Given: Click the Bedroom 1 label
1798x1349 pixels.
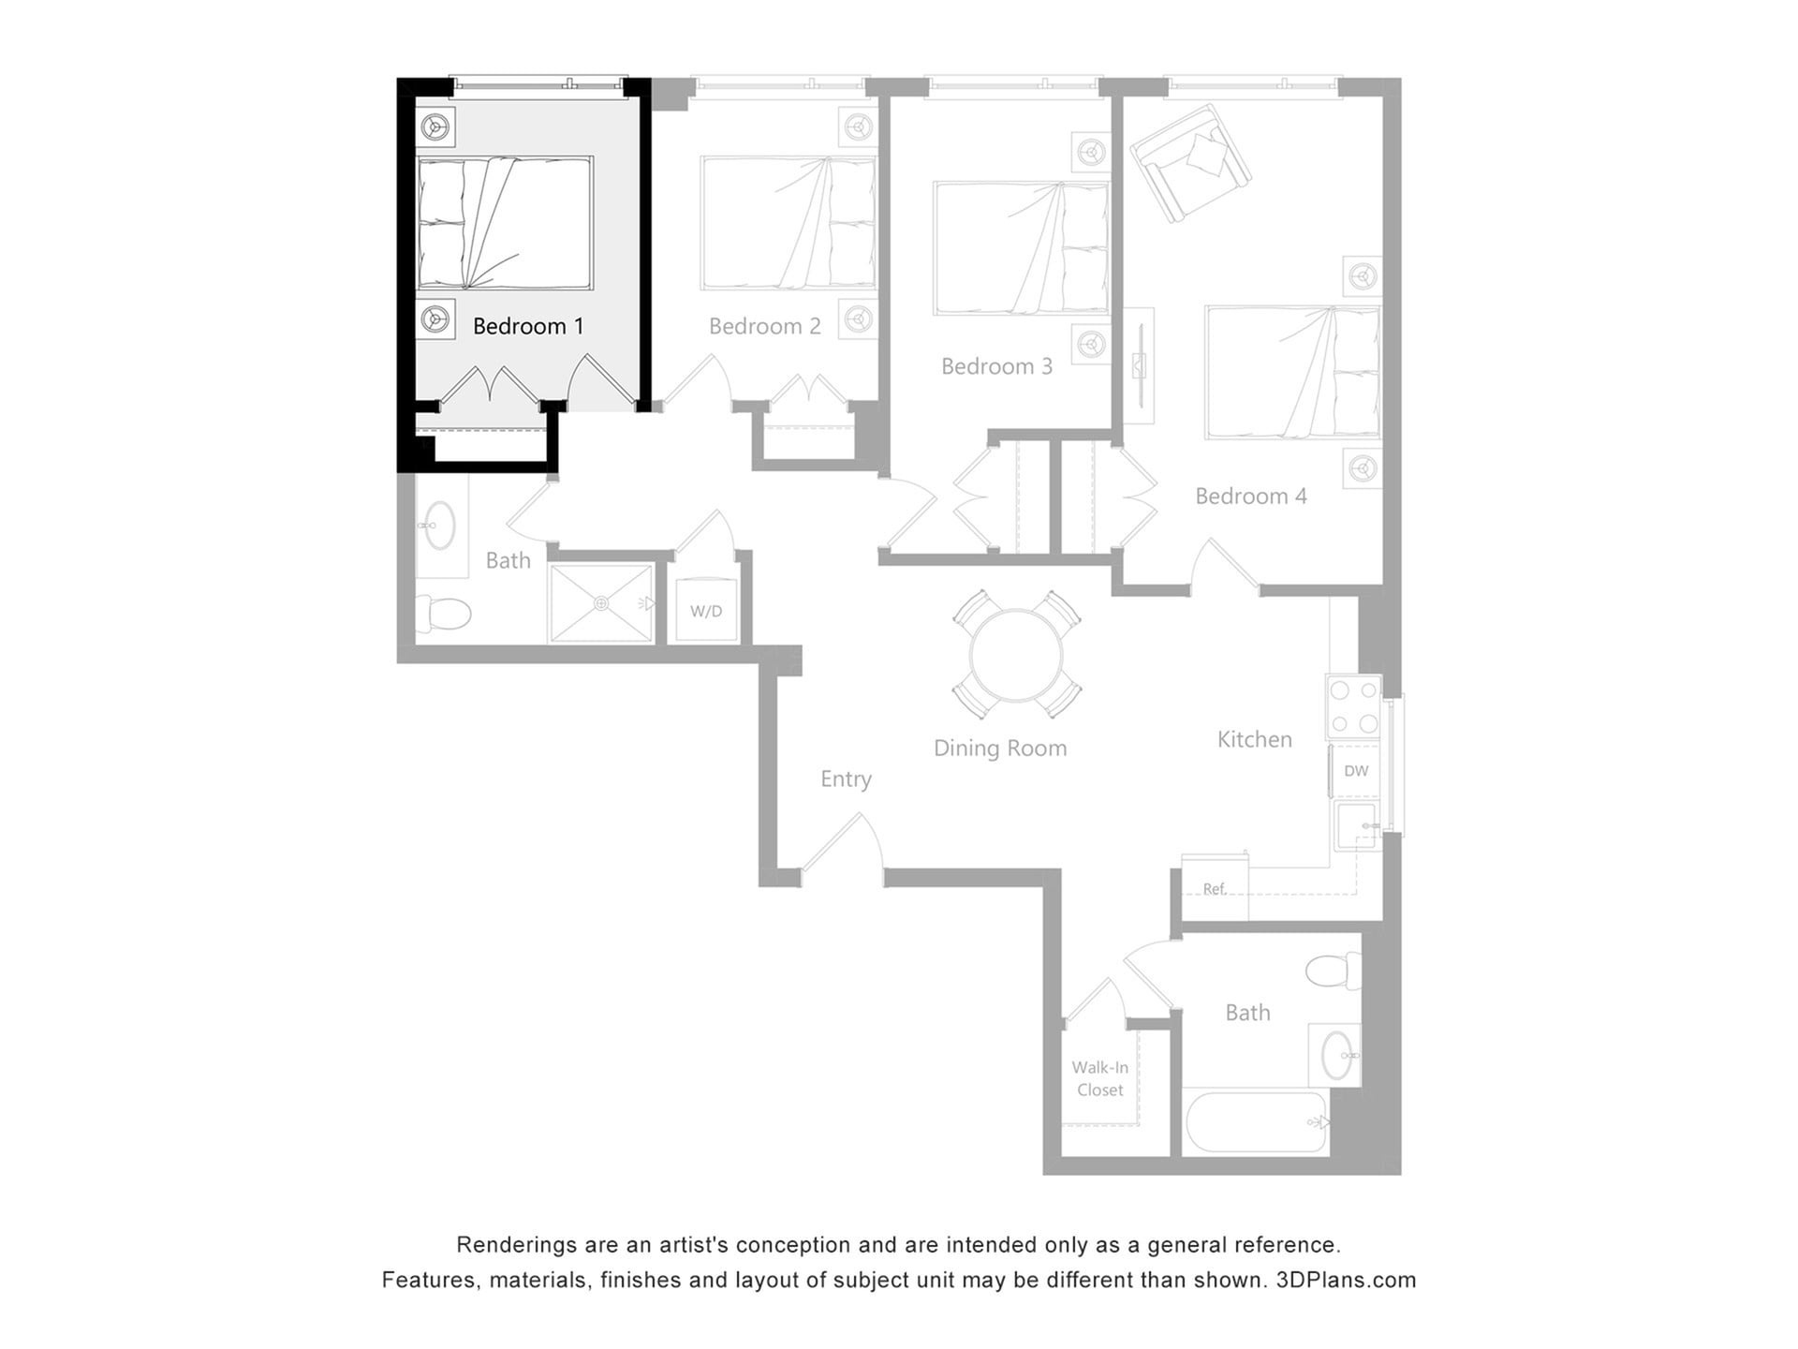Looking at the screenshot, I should pyautogui.click(x=528, y=326).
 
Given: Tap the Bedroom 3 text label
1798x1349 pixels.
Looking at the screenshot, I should pyautogui.click(x=996, y=366).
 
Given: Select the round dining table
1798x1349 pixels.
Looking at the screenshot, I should pyautogui.click(x=1016, y=655).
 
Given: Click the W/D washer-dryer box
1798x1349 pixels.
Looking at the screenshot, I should pyautogui.click(x=706, y=611).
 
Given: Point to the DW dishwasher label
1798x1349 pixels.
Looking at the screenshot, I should pyautogui.click(x=1355, y=771).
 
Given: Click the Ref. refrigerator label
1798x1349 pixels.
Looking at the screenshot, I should pyautogui.click(x=1214, y=889).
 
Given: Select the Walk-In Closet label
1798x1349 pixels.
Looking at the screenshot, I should pyautogui.click(x=1099, y=1078).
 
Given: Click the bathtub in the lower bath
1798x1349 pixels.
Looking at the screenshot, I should pyautogui.click(x=1255, y=1121).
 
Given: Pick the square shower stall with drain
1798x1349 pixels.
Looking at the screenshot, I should pyautogui.click(x=601, y=603).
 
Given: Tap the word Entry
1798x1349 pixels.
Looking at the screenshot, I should pyautogui.click(x=846, y=779).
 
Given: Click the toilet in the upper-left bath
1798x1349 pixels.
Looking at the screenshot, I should pyautogui.click(x=443, y=614).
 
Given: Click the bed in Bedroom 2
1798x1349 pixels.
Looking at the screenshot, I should pyautogui.click(x=788, y=223).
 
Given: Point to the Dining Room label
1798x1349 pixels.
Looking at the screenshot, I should pyautogui.click(x=1000, y=749).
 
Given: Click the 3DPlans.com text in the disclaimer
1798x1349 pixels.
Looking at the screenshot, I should pyautogui.click(x=1346, y=1280).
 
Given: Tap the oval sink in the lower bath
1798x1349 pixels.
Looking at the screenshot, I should pyautogui.click(x=1337, y=1056).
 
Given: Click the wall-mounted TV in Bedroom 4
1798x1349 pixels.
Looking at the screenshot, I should pyautogui.click(x=1139, y=365).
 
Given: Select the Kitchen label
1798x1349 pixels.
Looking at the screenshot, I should pyautogui.click(x=1254, y=740).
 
